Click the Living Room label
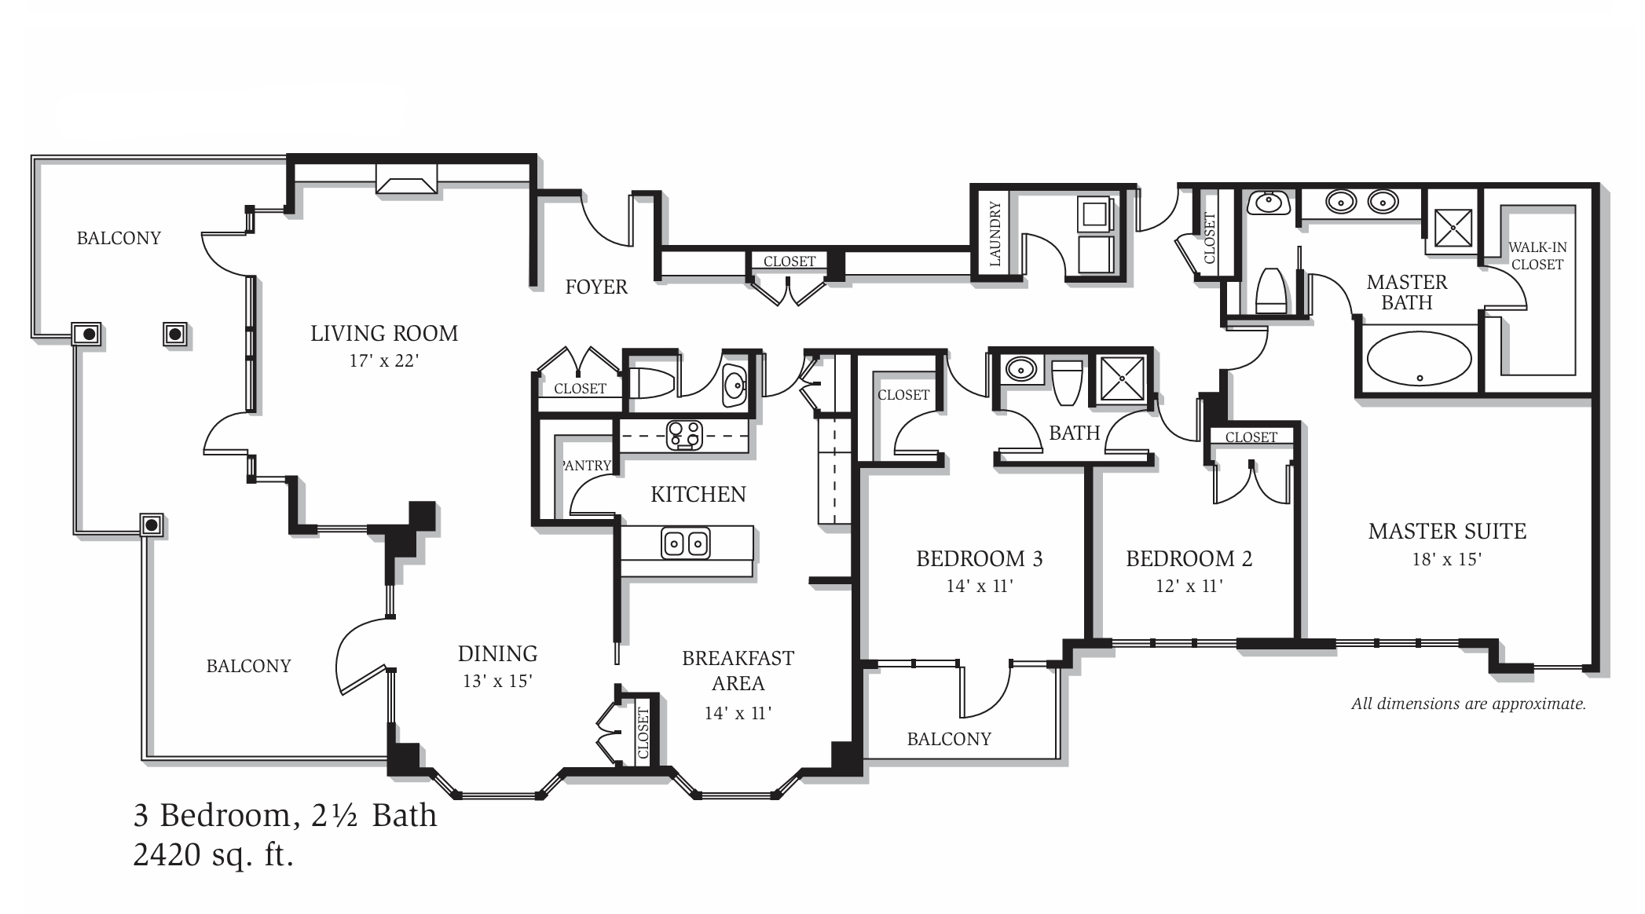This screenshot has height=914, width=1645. click(384, 334)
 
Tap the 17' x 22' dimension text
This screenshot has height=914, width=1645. click(384, 361)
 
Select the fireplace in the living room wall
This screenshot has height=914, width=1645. click(406, 178)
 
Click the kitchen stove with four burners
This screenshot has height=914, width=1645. click(684, 435)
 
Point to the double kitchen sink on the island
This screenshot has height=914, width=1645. click(686, 543)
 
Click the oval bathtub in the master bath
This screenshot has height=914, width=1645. click(1419, 358)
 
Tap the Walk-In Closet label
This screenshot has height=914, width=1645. click(1537, 256)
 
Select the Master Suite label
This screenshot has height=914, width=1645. click(1447, 532)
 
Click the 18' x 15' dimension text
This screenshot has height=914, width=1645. click(1446, 559)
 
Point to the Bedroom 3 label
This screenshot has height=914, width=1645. click(979, 559)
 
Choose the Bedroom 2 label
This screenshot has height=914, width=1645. click(1189, 559)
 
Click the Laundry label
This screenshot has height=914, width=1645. click(995, 233)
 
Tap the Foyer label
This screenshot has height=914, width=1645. click(596, 287)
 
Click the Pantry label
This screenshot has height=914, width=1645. click(586, 466)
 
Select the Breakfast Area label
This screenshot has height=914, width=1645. click(738, 671)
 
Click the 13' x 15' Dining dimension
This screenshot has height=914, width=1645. click(497, 681)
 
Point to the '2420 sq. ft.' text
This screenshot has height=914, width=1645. click(213, 855)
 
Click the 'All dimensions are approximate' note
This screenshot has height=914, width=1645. click(1468, 704)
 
